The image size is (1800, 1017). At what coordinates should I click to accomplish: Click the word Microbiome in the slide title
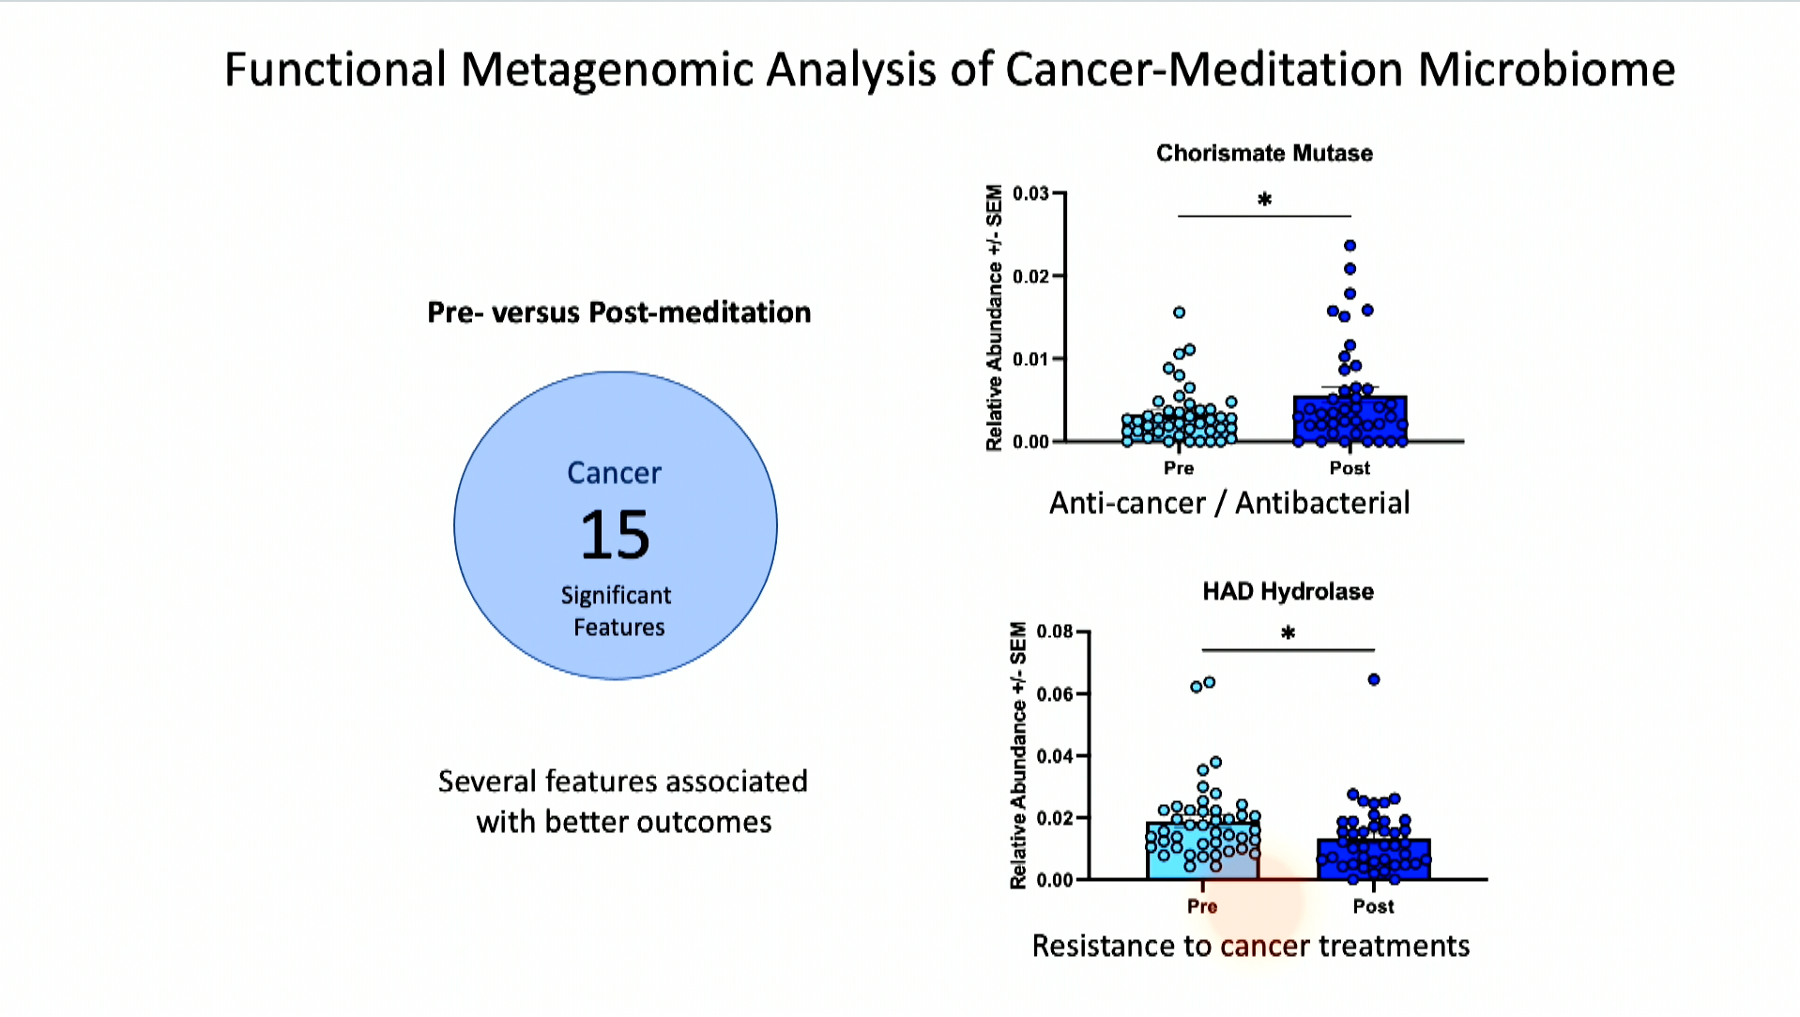click(1546, 69)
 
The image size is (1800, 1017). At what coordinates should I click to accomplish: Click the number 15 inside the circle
click(615, 535)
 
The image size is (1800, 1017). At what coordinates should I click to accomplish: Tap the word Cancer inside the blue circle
click(615, 473)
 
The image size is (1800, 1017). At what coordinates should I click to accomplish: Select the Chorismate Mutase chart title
click(1264, 153)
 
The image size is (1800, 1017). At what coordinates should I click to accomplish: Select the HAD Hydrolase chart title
click(1288, 591)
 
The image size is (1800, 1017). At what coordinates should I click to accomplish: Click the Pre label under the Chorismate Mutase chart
click(1179, 468)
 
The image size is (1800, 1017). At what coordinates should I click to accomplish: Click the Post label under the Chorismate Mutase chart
click(1350, 468)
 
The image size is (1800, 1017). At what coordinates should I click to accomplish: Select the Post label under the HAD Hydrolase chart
click(1373, 906)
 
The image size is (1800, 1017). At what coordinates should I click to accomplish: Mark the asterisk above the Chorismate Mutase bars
click(1264, 200)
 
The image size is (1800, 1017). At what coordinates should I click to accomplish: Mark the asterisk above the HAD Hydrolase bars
click(1289, 634)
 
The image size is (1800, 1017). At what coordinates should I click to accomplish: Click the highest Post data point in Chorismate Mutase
click(1350, 246)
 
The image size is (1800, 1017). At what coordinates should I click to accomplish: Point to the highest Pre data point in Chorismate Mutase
click(1180, 312)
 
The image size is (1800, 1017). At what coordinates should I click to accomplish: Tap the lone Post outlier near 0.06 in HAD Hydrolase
click(1374, 680)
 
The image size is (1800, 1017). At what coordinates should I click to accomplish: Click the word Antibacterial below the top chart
click(1322, 504)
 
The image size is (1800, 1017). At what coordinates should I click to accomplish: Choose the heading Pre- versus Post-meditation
click(619, 312)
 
